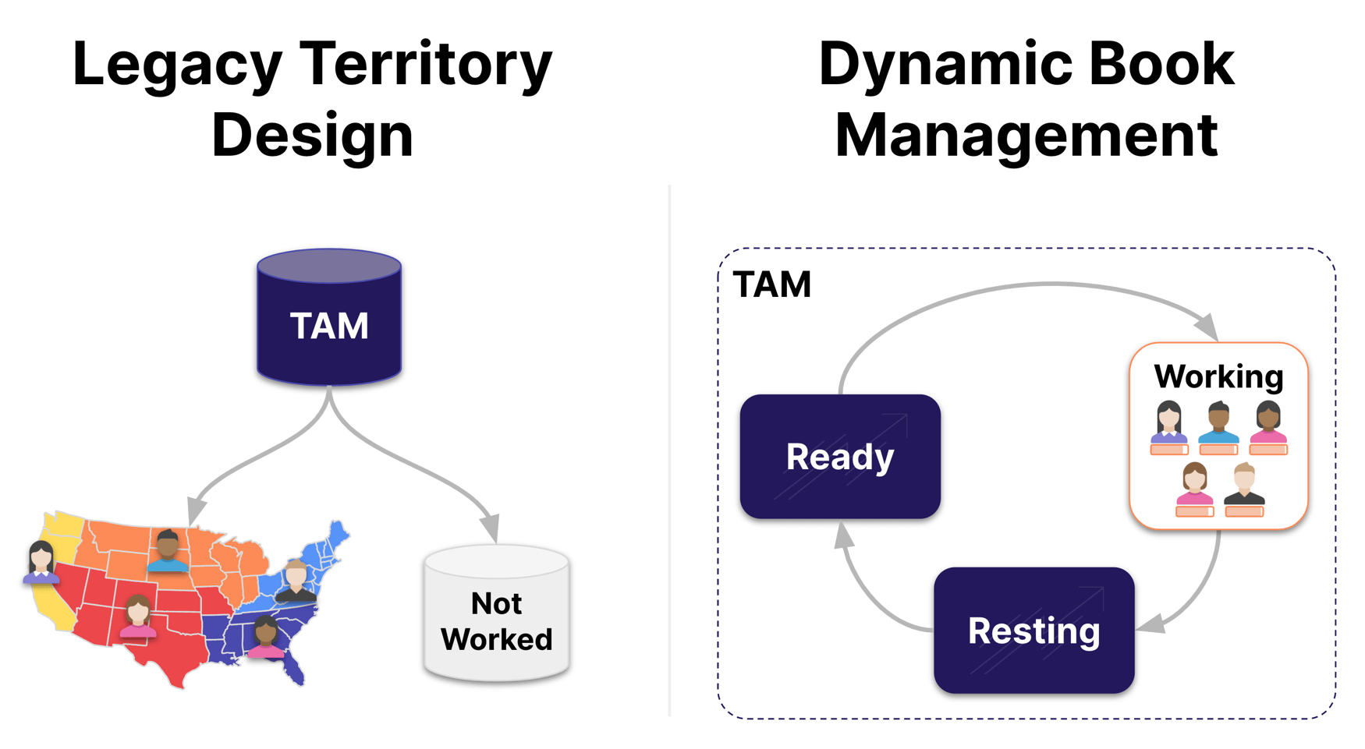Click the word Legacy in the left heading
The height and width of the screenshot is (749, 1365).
point(177,65)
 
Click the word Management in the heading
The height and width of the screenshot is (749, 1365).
point(1026,136)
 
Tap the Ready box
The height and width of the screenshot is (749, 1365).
point(840,457)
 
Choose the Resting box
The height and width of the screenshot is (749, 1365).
point(1033,630)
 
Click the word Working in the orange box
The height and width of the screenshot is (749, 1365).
point(1218,376)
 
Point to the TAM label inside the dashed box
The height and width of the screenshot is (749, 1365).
point(772,284)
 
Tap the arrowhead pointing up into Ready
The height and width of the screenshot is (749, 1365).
point(843,536)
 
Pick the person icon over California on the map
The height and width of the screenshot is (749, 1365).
point(41,562)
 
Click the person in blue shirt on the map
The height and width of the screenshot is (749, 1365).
point(168,552)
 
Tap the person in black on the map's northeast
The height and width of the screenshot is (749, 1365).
point(296,581)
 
